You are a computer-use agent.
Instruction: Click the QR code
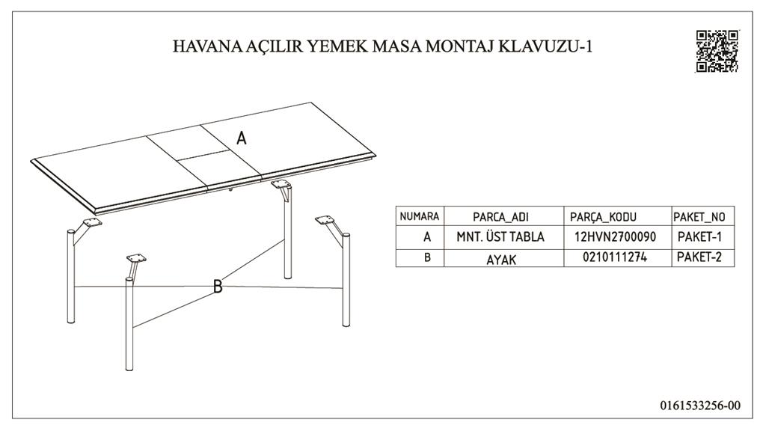tap(717, 52)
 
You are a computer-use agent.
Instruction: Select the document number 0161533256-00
tap(700, 405)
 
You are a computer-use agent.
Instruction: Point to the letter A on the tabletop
tap(242, 138)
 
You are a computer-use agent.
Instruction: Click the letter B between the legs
tap(218, 287)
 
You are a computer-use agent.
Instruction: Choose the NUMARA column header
tap(420, 216)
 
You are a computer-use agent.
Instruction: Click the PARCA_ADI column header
tap(500, 217)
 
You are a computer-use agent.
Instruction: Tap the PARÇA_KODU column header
tap(603, 217)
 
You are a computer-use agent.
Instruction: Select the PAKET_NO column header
tap(699, 217)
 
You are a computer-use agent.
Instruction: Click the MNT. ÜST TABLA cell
tap(500, 237)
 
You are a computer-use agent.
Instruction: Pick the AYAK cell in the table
tap(501, 260)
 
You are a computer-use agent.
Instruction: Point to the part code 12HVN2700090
tap(615, 237)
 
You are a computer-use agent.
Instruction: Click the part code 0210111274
tap(615, 257)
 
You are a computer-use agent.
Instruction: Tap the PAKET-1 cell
tap(699, 237)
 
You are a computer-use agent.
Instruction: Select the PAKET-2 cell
tap(699, 257)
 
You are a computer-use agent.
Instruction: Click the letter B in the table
tap(427, 257)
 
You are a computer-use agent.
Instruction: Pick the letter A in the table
tap(427, 237)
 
